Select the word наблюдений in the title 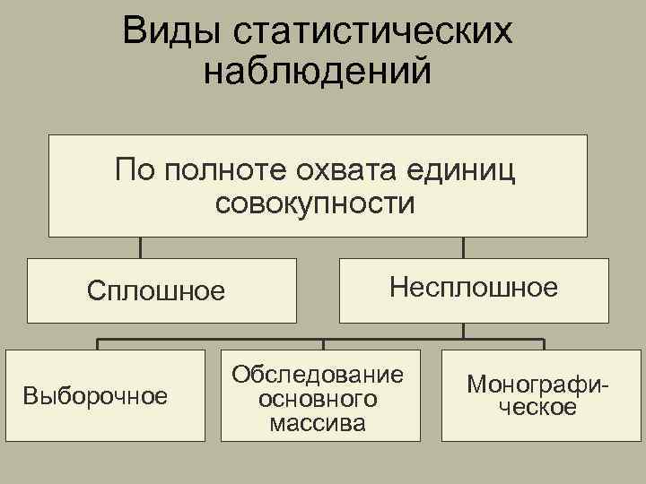[318, 72]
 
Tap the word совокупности [316, 203]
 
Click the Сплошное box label [155, 291]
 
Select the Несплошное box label [474, 288]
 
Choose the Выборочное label [96, 395]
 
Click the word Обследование [318, 374]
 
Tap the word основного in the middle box [318, 398]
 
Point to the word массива [318, 421]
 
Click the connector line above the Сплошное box [141, 247]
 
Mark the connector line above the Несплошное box [463, 247]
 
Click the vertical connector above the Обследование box [323, 344]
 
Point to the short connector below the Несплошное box [463, 330]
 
